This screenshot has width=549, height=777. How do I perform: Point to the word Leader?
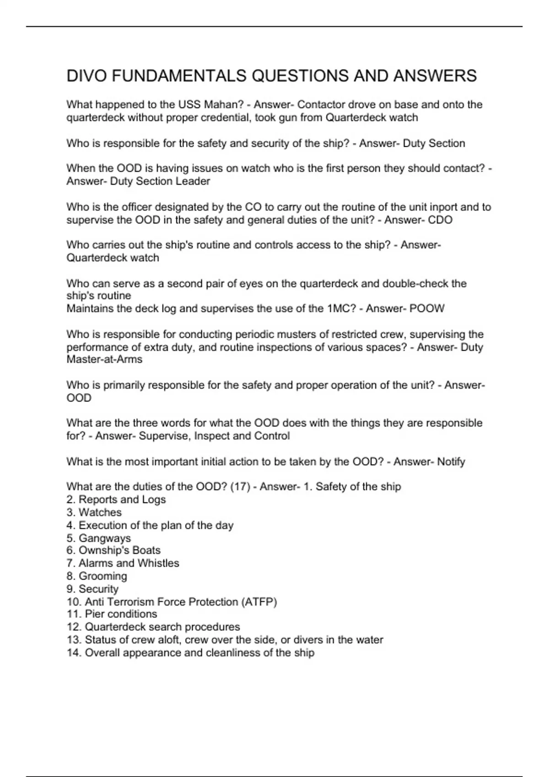[193, 181]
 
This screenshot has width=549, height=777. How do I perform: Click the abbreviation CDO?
[440, 220]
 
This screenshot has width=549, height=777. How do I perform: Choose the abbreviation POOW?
[427, 309]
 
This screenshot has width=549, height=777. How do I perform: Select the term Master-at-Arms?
[104, 359]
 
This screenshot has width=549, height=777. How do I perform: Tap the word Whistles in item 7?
[158, 563]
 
